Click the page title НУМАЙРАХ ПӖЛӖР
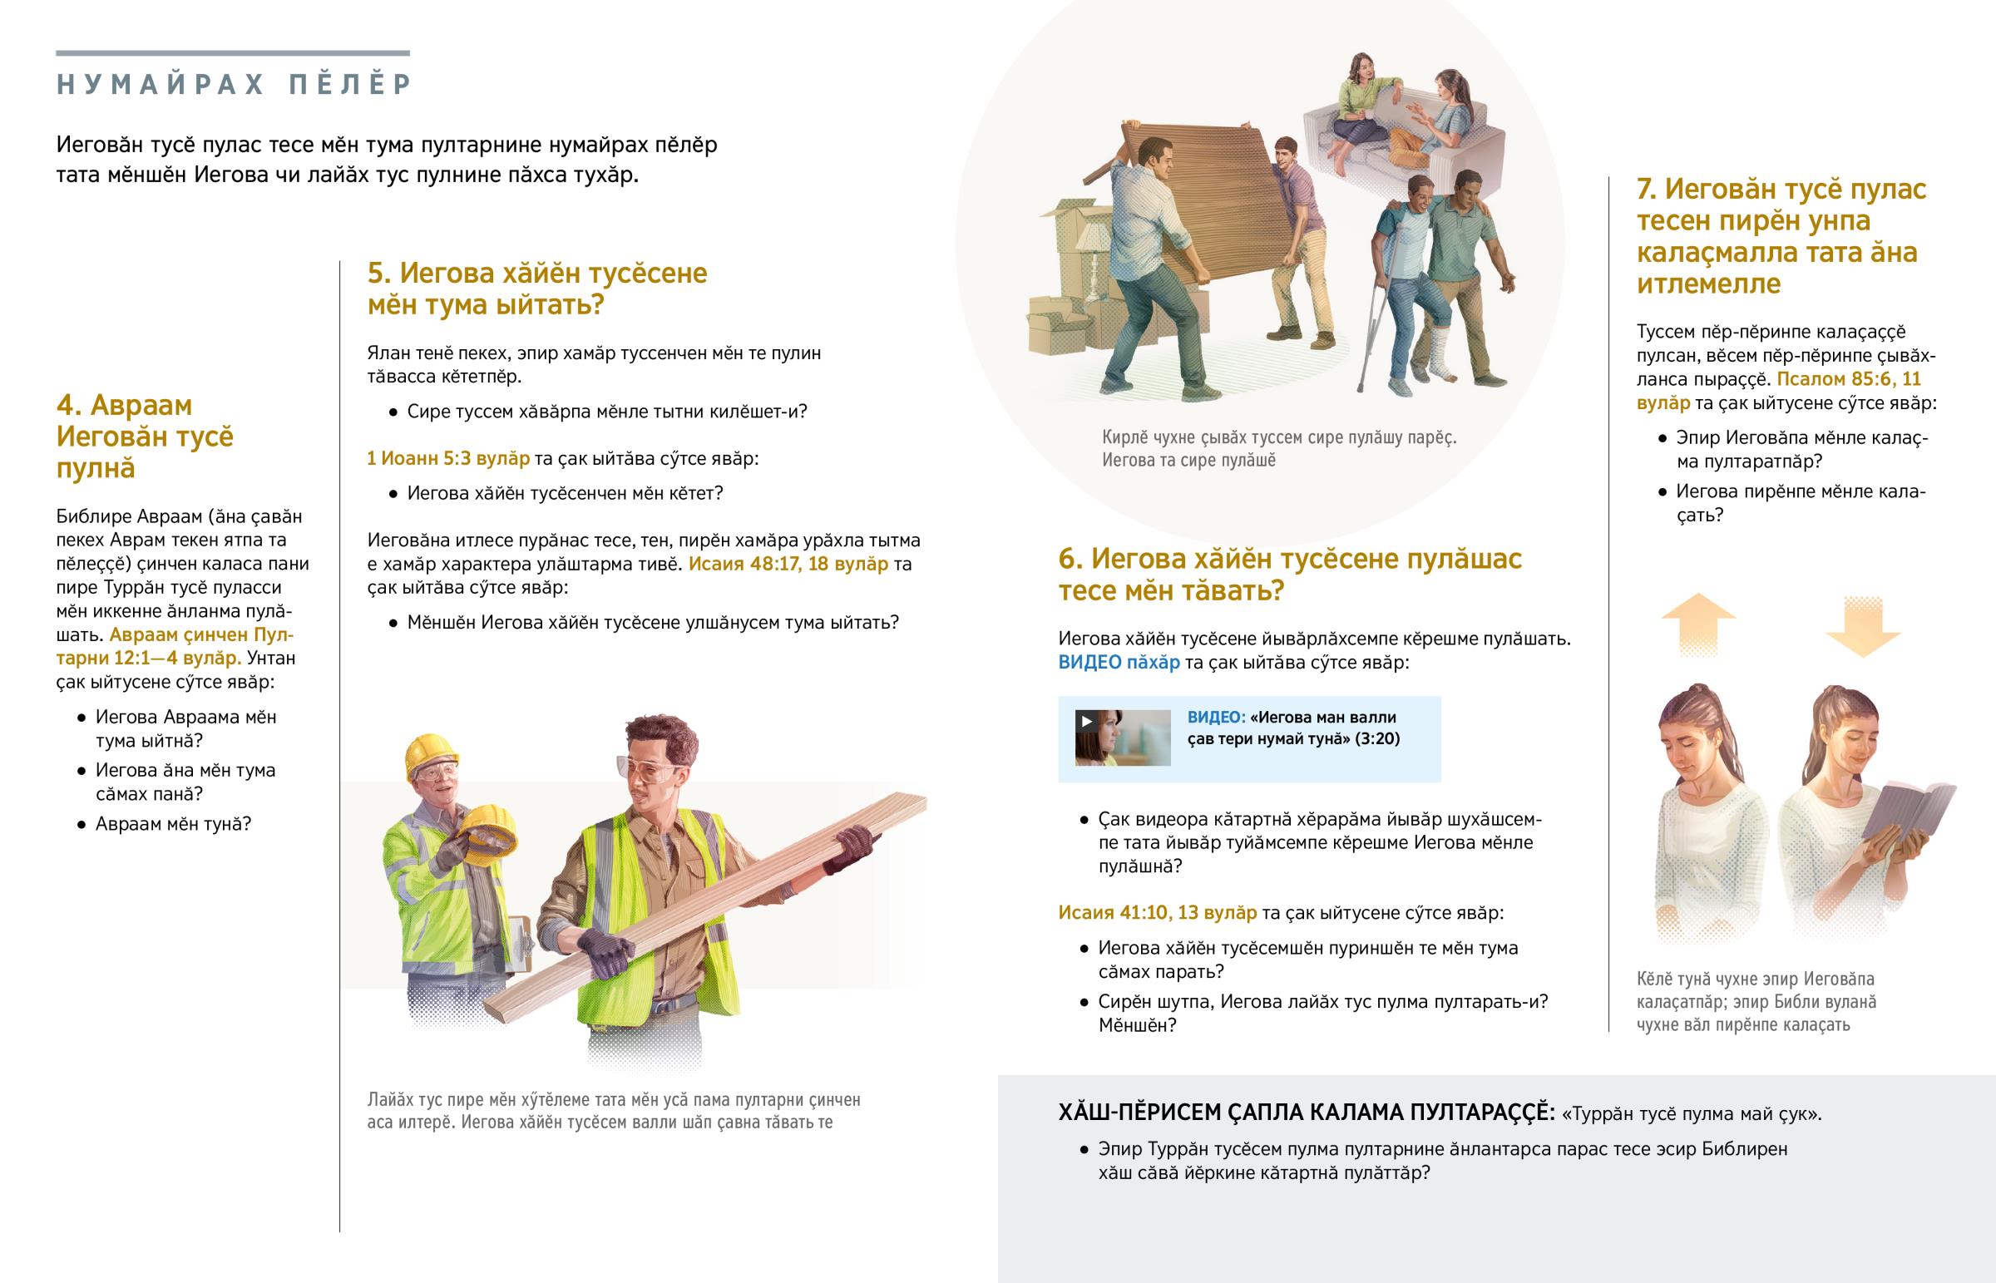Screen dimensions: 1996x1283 point(234,84)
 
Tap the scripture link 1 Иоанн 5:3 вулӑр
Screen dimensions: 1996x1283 point(448,458)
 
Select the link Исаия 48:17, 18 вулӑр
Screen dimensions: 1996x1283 point(788,564)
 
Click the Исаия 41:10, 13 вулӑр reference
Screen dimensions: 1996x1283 point(1157,912)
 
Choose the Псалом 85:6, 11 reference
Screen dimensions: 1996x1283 point(1849,379)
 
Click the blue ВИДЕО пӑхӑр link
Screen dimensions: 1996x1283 point(1119,663)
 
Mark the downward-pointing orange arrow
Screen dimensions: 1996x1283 point(1863,626)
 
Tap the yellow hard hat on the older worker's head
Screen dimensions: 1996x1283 point(432,753)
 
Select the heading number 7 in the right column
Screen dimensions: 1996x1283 point(1647,190)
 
